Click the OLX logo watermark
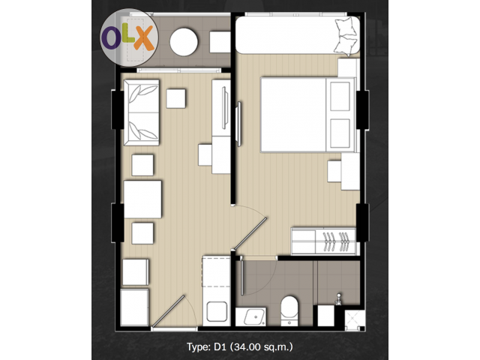pyautogui.click(x=129, y=37)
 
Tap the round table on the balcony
pyautogui.click(x=184, y=42)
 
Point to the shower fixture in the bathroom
pyautogui.click(x=338, y=299)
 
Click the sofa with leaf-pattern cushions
pyautogui.click(x=142, y=112)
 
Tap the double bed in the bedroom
pyautogui.click(x=308, y=115)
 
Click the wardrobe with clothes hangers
pyautogui.click(x=324, y=241)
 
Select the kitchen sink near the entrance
pyautogui.click(x=217, y=311)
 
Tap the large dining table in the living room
pyautogui.click(x=142, y=199)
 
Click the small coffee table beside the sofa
pyautogui.click(x=175, y=98)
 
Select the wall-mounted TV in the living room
pyautogui.click(x=225, y=108)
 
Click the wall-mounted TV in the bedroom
pyautogui.click(x=238, y=124)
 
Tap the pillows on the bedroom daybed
pyautogui.click(x=346, y=37)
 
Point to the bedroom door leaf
pyautogui.click(x=250, y=233)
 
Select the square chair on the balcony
pyautogui.click(x=220, y=42)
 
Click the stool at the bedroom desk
pyautogui.click(x=334, y=171)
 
